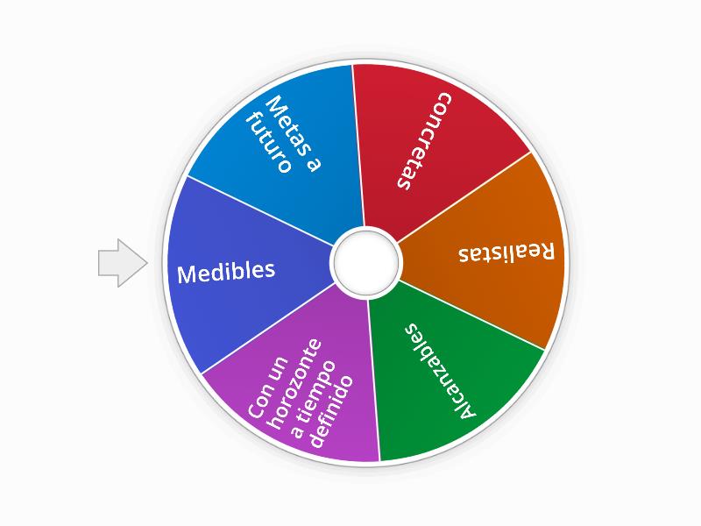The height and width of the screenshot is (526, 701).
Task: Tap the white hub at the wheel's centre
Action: tap(365, 262)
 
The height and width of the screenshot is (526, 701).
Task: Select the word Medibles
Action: tap(226, 272)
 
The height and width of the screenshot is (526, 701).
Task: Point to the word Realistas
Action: tap(506, 252)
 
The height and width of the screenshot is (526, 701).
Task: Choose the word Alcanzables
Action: tap(441, 371)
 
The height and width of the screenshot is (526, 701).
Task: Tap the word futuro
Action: tap(268, 143)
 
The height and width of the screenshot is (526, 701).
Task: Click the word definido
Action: tap(335, 411)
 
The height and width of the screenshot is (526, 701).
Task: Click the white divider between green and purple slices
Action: tap(373, 377)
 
